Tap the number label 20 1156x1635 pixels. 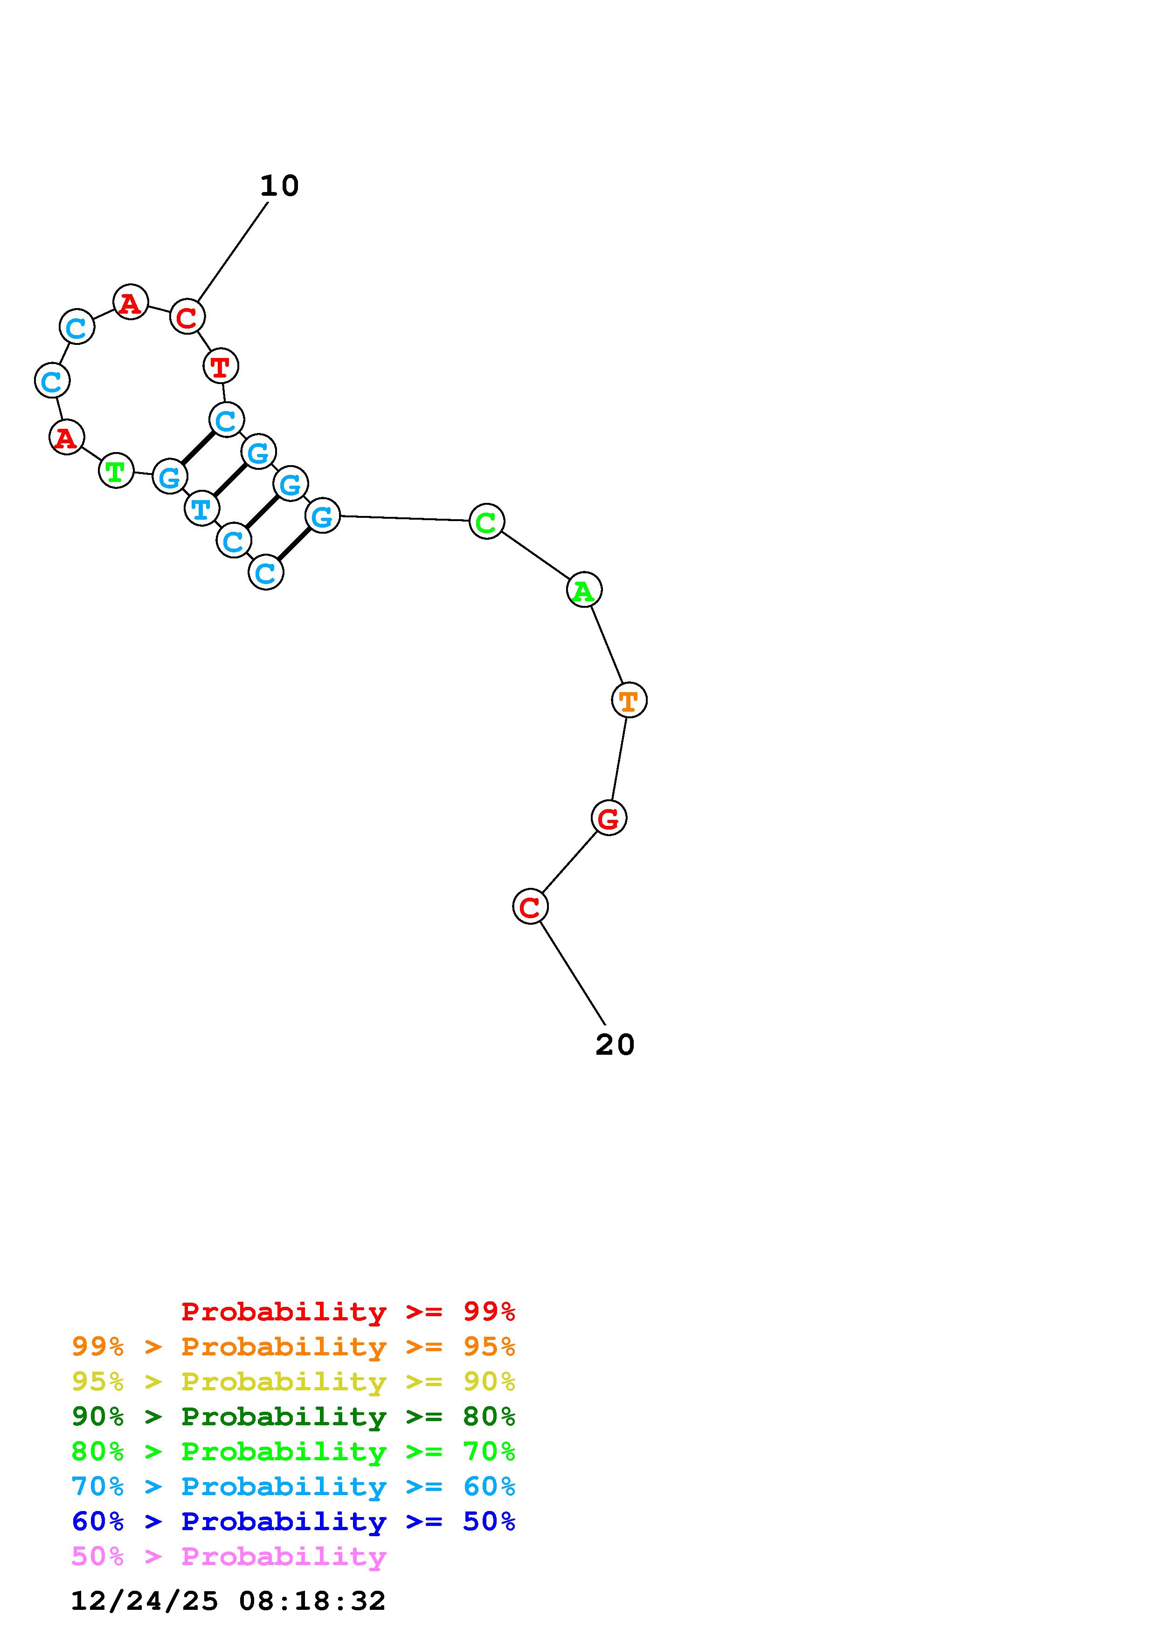[615, 1044]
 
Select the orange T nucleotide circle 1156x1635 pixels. [629, 700]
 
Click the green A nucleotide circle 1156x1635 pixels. [584, 590]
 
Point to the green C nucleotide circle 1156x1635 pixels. [486, 521]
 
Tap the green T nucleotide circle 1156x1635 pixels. [115, 471]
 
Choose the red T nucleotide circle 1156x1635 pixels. [221, 366]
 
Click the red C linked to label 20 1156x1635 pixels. [530, 907]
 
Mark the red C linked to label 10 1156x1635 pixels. [187, 317]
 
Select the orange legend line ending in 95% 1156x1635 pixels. [293, 1346]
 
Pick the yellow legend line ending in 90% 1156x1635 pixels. [293, 1381]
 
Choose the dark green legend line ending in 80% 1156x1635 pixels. [293, 1416]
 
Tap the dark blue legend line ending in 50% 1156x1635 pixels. [293, 1521]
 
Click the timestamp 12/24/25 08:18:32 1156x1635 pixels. [228, 1601]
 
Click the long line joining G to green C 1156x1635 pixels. [405, 518]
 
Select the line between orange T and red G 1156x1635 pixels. [619, 759]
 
